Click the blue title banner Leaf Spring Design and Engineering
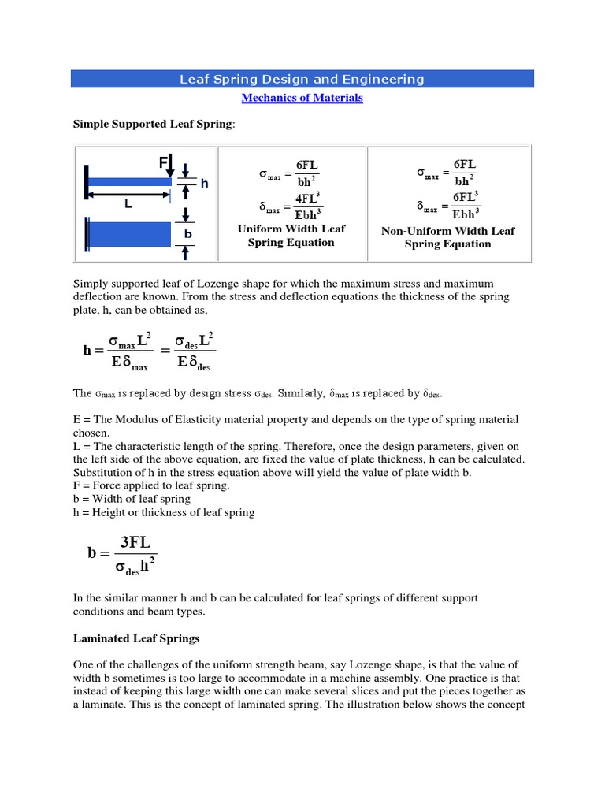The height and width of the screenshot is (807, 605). point(302,79)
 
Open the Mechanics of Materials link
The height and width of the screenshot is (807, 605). point(302,98)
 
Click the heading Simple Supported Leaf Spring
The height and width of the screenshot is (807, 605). point(154,125)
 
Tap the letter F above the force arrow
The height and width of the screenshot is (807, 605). point(163,162)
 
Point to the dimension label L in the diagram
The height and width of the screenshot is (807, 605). point(128,203)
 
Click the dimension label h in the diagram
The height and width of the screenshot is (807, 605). point(205,183)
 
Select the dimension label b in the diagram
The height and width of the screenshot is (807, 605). point(188,234)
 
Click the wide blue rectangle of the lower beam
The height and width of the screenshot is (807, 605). point(128,234)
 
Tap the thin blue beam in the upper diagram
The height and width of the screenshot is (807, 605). point(128,182)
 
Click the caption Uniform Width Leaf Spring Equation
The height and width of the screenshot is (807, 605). point(291,236)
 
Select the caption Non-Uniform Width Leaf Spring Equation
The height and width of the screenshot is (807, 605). point(447,237)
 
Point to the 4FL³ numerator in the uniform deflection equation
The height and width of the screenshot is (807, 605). point(307,198)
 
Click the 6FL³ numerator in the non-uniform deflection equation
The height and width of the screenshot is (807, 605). point(465,196)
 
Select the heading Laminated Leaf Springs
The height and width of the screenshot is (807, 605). point(135,639)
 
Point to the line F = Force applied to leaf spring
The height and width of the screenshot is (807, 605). point(151,485)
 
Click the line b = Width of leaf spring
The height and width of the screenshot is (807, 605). point(132,499)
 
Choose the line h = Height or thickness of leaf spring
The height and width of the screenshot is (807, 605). point(164,512)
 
